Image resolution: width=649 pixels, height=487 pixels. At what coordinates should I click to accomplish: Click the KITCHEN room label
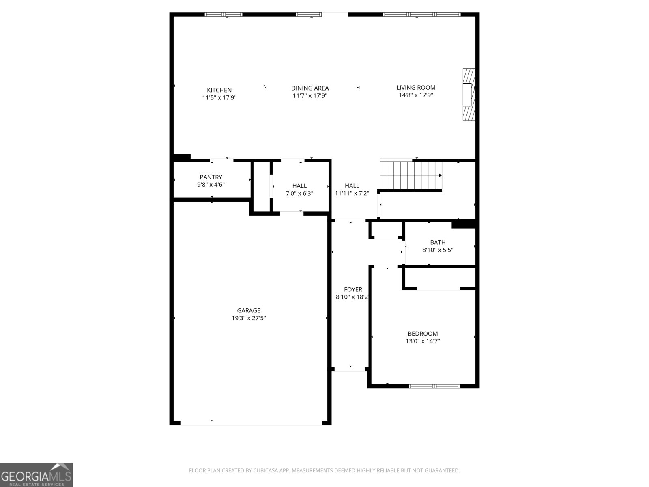pyautogui.click(x=219, y=90)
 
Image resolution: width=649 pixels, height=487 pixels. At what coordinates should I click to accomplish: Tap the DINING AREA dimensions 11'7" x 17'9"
pyautogui.click(x=310, y=96)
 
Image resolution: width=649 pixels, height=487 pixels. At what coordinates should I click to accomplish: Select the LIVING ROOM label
pyautogui.click(x=416, y=87)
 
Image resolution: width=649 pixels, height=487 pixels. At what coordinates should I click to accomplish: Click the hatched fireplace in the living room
pyautogui.click(x=468, y=95)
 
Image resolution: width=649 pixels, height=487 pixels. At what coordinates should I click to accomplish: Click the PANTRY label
pyautogui.click(x=211, y=177)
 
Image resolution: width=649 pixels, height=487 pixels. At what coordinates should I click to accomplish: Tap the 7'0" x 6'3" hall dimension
pyautogui.click(x=299, y=194)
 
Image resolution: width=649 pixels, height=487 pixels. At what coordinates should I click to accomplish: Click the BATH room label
pyautogui.click(x=438, y=242)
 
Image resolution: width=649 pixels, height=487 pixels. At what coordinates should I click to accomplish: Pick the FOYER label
pyautogui.click(x=353, y=289)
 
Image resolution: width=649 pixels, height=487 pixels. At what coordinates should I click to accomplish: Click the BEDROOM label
pyautogui.click(x=423, y=334)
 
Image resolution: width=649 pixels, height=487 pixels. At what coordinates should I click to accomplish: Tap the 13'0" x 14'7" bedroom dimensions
pyautogui.click(x=423, y=341)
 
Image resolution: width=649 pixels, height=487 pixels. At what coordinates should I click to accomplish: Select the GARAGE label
pyautogui.click(x=249, y=310)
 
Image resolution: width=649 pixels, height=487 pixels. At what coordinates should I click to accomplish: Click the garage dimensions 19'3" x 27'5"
pyautogui.click(x=249, y=318)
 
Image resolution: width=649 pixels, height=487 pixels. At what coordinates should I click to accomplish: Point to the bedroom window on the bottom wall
pyautogui.click(x=434, y=386)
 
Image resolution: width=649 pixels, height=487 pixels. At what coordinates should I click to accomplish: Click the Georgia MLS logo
pyautogui.click(x=36, y=474)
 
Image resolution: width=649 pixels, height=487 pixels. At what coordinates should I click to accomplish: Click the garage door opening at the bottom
pyautogui.click(x=251, y=424)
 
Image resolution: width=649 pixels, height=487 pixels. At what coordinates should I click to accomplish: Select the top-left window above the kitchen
pyautogui.click(x=223, y=15)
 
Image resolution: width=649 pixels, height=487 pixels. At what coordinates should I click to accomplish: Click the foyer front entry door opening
pyautogui.click(x=350, y=369)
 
